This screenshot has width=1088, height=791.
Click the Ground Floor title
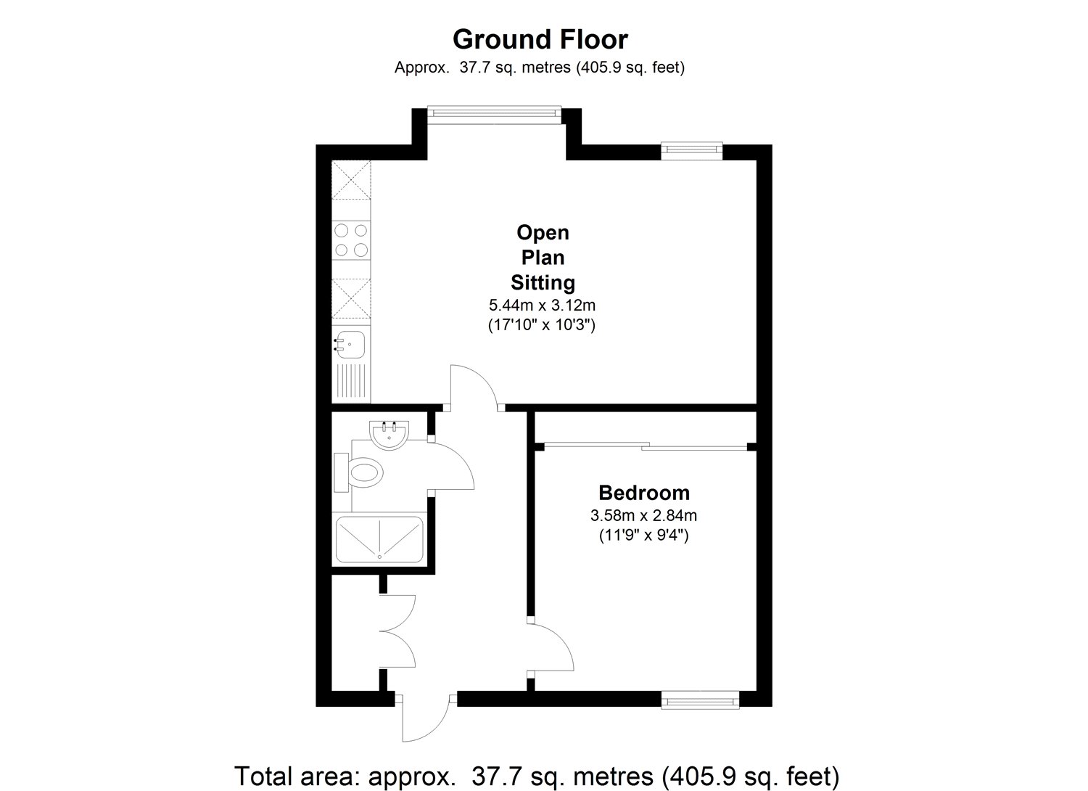[540, 38]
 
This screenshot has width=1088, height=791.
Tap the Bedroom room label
[643, 493]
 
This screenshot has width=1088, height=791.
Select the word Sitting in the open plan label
[543, 282]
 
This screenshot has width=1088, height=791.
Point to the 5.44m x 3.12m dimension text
[542, 305]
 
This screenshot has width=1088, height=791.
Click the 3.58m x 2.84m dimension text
[643, 516]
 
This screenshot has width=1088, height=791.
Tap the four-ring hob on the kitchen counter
[351, 240]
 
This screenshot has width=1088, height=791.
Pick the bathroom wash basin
[390, 435]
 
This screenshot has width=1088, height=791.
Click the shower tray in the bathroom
[379, 540]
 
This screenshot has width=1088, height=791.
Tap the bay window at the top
[494, 112]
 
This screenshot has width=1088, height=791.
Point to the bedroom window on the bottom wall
[700, 700]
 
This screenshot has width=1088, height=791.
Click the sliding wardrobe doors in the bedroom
[644, 446]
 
